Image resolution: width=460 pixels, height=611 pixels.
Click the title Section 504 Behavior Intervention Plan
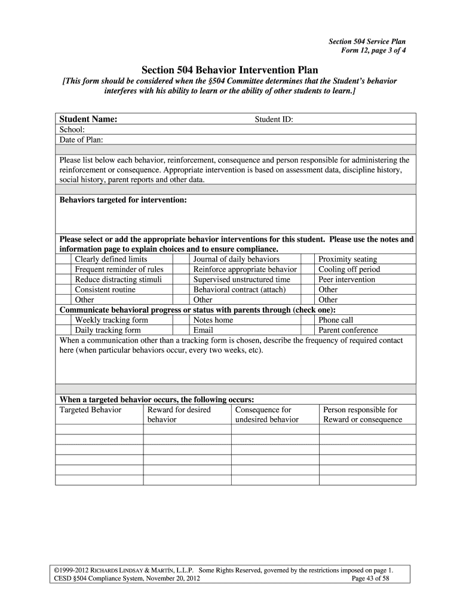(x=230, y=70)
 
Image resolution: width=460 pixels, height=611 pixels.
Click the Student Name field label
(x=88, y=119)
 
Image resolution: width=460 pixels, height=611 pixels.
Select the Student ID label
(x=274, y=119)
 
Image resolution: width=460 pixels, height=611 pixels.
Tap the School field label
(x=72, y=129)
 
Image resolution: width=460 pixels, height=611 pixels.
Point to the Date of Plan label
(x=81, y=140)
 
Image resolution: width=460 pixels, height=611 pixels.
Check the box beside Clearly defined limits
(x=63, y=260)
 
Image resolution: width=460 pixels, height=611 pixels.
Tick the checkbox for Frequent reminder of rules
(x=63, y=270)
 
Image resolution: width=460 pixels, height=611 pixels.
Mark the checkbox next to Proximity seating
(x=307, y=260)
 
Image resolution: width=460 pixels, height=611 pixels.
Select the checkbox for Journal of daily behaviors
(x=182, y=260)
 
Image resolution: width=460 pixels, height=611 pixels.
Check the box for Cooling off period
(x=307, y=270)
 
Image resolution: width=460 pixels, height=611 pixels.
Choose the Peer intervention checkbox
(x=307, y=280)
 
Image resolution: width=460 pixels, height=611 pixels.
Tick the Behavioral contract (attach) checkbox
(x=182, y=290)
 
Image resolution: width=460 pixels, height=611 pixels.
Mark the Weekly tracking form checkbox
(x=63, y=320)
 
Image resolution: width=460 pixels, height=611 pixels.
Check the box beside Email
(x=182, y=331)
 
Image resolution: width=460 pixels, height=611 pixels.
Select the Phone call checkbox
(x=307, y=320)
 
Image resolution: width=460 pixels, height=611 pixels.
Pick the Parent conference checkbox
(x=307, y=331)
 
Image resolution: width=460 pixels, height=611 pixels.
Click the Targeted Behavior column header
(x=90, y=410)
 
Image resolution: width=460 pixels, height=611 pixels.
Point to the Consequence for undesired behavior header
(x=266, y=415)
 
